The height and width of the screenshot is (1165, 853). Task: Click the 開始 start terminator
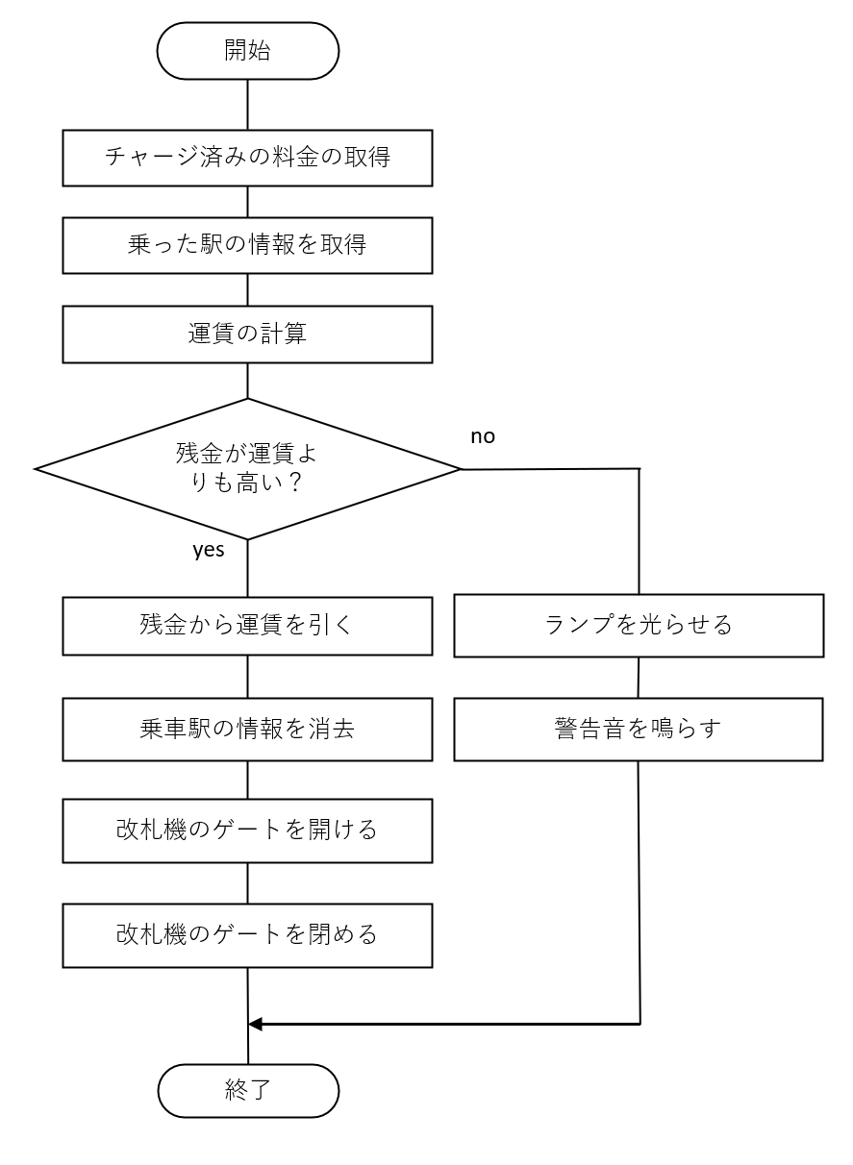point(248,51)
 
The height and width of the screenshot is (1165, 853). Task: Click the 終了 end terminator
point(248,1091)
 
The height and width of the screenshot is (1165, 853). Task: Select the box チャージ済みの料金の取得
point(248,156)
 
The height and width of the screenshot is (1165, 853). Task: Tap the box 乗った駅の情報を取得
point(248,244)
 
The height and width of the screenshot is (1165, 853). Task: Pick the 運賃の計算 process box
point(248,334)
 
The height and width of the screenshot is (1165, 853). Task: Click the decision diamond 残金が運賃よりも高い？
point(248,469)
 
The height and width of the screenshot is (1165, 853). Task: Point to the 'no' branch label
point(483,436)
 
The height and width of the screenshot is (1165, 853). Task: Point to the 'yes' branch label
point(209,550)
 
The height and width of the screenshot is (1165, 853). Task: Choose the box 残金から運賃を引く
point(248,626)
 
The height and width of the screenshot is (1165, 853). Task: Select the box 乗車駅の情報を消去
point(248,729)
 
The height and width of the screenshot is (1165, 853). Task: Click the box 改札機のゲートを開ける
point(248,830)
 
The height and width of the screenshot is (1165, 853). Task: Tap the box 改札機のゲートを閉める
point(248,934)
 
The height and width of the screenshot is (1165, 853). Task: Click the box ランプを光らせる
point(639,626)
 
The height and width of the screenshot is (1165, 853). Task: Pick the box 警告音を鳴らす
point(639,729)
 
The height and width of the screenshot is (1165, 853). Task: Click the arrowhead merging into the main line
point(256,1024)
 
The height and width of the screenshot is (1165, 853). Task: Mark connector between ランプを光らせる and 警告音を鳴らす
point(639,678)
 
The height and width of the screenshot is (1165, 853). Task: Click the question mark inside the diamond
point(297,483)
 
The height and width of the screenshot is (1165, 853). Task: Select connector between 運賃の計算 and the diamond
point(248,381)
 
